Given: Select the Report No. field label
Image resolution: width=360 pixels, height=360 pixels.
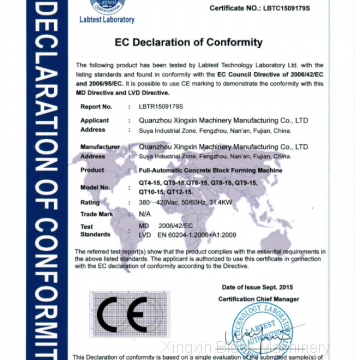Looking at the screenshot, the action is coord(92,104).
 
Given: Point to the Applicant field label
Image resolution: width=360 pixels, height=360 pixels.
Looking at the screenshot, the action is coord(92,120).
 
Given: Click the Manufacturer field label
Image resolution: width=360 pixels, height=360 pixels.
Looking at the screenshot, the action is coord(96,147).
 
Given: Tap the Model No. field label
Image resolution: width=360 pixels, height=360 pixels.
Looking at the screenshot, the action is coord(93,188).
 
